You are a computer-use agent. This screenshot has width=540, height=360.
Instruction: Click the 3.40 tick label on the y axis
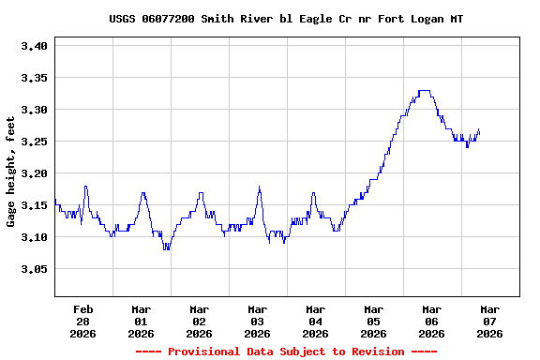coord(34,46)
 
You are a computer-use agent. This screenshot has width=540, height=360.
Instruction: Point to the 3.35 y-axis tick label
coord(34,78)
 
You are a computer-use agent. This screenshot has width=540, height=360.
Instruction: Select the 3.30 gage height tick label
coord(34,110)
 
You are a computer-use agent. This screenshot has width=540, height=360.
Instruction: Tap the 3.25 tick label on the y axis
coord(34,142)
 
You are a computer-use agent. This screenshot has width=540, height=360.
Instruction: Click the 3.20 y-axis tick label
coord(34,173)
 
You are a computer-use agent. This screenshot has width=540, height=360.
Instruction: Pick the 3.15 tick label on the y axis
coord(34,205)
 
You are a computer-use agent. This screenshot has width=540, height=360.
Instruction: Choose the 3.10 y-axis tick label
coord(34,237)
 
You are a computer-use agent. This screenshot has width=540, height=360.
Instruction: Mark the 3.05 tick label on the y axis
coord(34,269)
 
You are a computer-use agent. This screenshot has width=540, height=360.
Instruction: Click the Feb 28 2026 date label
coord(83,321)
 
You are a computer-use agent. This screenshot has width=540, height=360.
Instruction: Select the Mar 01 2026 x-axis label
coord(142,321)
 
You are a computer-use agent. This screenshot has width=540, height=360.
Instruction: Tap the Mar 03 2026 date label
coord(258,321)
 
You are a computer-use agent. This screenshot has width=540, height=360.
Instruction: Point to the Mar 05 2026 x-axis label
coord(374,321)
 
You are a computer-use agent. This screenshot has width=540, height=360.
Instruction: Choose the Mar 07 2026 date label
coord(490,321)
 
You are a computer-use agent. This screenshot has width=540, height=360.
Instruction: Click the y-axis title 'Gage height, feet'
coord(11,172)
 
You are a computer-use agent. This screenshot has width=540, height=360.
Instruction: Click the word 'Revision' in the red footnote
coord(381,352)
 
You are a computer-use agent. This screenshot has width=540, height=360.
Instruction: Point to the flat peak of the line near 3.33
coord(424,91)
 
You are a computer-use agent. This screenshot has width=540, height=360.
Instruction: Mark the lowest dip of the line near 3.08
coord(166,248)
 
